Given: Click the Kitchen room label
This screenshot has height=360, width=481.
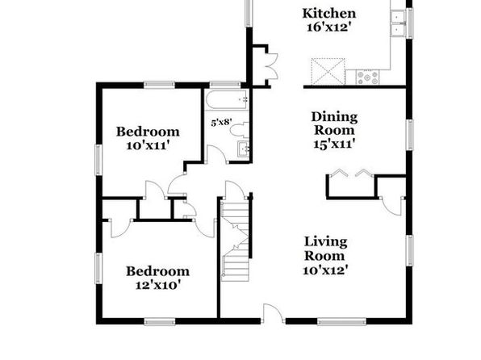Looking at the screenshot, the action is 329,14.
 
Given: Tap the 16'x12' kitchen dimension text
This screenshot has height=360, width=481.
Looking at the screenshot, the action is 328,27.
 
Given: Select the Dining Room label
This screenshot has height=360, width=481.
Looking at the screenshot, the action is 334,123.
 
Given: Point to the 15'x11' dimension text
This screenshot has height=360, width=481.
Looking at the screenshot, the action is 334,144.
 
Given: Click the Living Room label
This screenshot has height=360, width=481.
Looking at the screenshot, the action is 325,249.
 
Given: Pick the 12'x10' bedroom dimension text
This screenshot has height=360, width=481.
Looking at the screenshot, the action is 157,286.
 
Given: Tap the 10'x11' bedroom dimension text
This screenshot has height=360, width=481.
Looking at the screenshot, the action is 148,145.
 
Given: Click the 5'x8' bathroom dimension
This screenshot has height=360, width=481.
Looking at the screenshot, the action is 221,123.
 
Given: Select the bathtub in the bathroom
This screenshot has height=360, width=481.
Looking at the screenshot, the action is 227,100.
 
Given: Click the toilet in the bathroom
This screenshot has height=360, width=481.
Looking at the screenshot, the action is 240,130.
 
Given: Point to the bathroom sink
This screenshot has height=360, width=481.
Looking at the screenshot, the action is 244,149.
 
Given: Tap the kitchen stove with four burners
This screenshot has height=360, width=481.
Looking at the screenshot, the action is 367,77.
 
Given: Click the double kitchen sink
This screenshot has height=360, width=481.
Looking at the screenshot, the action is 399,23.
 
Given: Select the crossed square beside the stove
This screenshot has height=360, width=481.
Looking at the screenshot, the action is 328,71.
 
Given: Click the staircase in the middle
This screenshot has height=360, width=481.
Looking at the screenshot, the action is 236,240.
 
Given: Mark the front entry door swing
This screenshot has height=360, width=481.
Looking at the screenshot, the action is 273,313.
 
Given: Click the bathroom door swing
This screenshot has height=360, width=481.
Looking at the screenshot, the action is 216,154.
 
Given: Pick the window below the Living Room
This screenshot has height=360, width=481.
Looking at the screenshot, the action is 341,321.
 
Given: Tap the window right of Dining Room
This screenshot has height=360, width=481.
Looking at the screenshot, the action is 409,135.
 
